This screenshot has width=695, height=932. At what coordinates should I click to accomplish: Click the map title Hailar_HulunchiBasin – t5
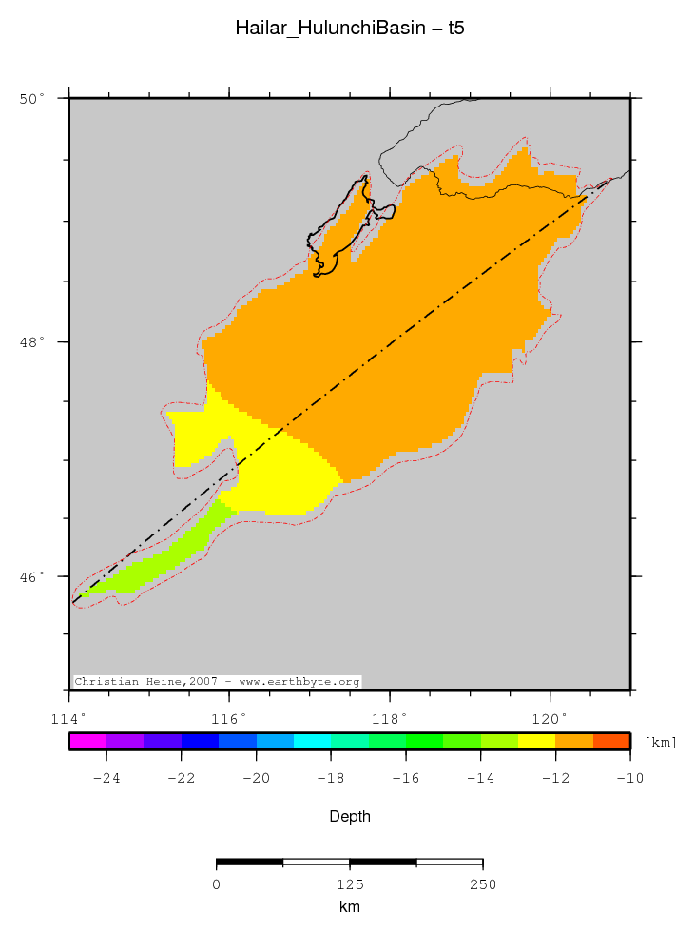[x=349, y=29]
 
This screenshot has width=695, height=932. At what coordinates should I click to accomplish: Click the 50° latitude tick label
[x=33, y=98]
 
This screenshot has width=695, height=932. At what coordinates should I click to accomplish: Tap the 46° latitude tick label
[x=33, y=576]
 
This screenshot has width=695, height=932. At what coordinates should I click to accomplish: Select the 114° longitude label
[x=69, y=717]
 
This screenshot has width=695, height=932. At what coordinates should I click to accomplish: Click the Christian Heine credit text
[x=217, y=682]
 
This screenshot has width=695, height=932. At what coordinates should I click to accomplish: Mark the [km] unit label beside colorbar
[x=661, y=742]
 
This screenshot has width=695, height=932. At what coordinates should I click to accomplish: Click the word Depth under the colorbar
[x=349, y=817]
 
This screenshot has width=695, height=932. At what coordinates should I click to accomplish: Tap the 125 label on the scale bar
[x=349, y=885]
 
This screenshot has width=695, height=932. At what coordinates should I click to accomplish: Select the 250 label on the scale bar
[x=482, y=885]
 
